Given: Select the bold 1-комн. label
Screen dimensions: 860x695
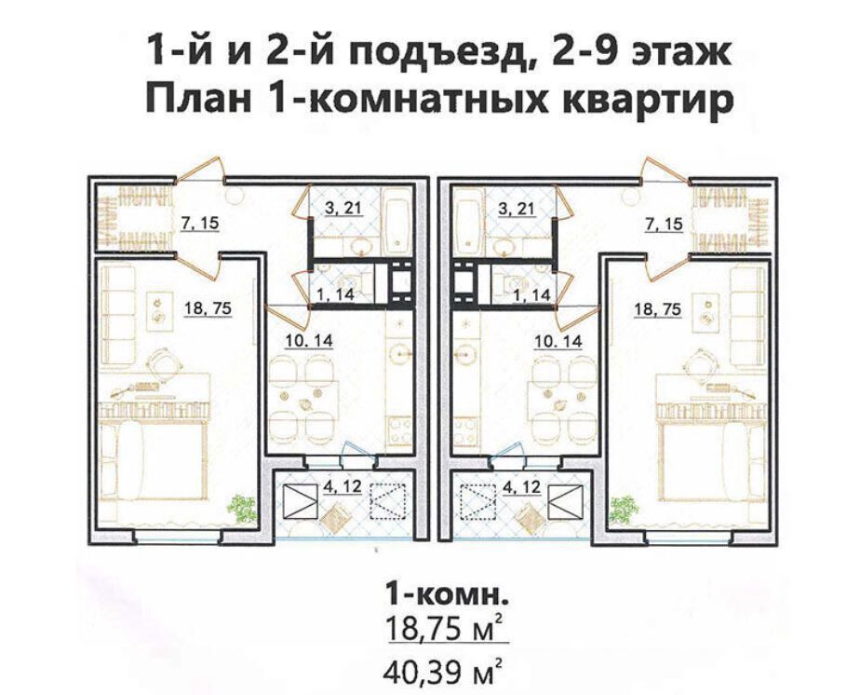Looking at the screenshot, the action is (x=444, y=594).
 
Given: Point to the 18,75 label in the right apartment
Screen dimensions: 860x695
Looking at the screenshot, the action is (x=658, y=309).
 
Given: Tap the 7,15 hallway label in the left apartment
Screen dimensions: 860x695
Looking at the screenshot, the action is (x=199, y=224).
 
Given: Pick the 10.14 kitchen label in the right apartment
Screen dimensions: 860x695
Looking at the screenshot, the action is (x=558, y=342).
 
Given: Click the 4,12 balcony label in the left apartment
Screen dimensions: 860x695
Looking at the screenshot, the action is (x=343, y=486).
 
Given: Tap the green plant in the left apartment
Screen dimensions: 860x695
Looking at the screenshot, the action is (x=242, y=507).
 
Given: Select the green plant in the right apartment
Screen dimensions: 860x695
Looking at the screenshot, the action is (x=625, y=507).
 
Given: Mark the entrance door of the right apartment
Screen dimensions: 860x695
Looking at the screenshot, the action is (x=665, y=169).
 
